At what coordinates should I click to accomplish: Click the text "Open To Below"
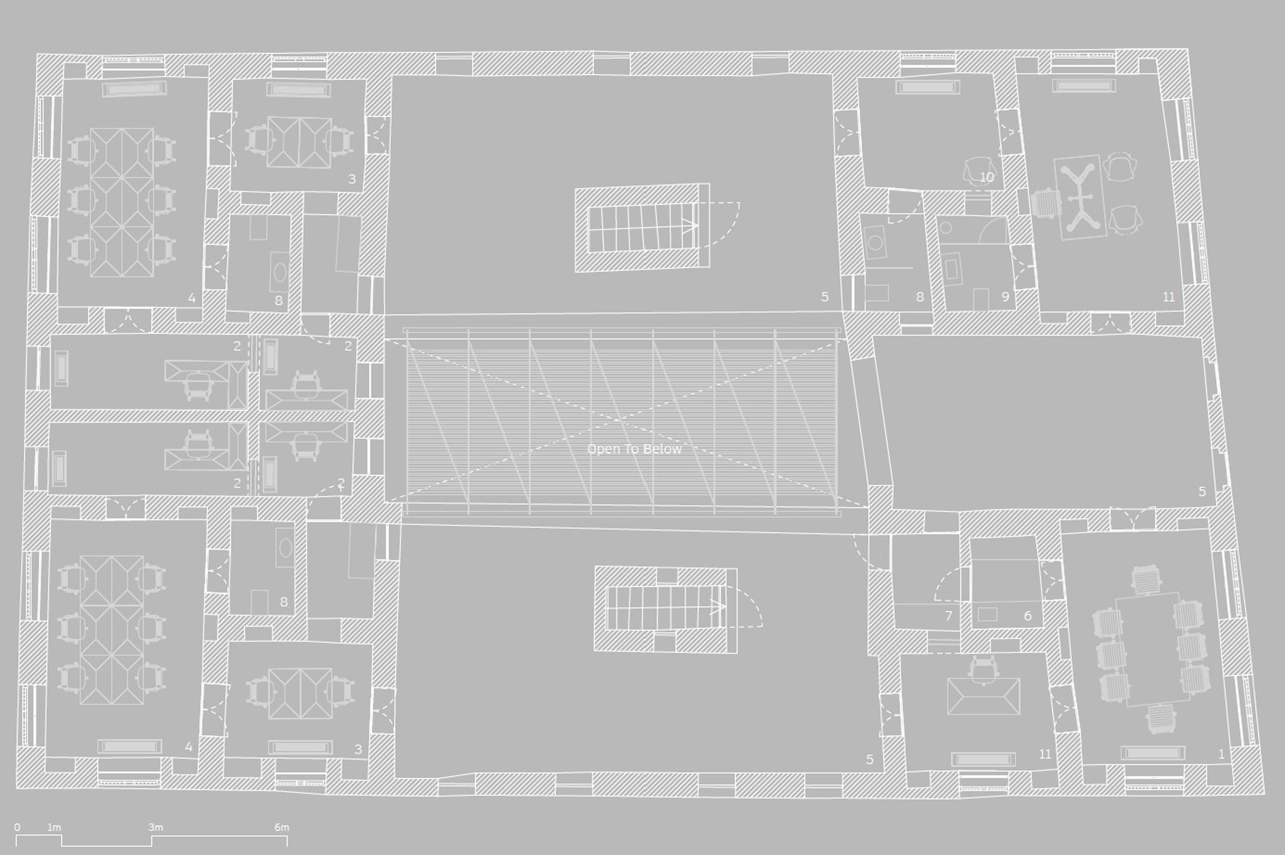(x=634, y=449)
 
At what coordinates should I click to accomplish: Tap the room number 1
(x=1221, y=754)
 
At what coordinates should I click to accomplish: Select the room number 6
(x=1027, y=616)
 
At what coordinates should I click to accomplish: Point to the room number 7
(x=948, y=616)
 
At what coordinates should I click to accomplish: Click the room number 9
(x=1005, y=297)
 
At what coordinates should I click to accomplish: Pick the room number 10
(x=987, y=178)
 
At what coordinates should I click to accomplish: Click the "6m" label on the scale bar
(x=282, y=827)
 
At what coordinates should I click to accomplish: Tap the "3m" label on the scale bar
(x=155, y=827)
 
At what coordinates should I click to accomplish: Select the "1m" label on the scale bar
(x=54, y=827)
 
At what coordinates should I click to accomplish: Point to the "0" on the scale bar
(x=17, y=827)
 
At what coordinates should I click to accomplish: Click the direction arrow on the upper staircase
(x=690, y=225)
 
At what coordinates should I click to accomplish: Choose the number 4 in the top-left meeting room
(x=191, y=298)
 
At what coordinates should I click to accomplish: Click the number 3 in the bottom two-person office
(x=358, y=750)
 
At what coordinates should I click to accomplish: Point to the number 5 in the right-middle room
(x=1202, y=491)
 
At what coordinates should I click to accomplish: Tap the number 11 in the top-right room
(x=1168, y=297)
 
